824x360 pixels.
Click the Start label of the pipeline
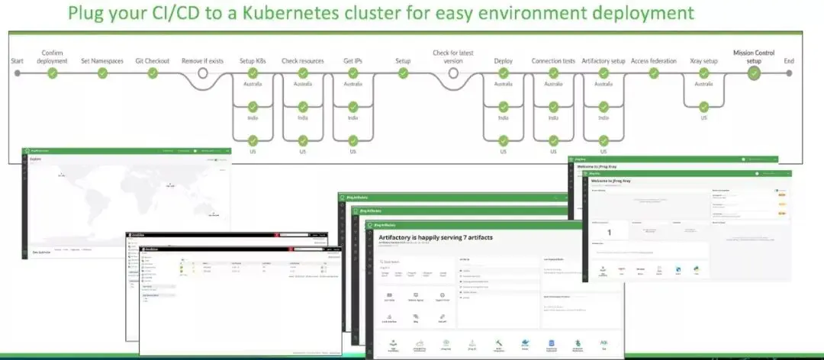(17, 61)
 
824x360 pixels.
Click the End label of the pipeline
(789, 61)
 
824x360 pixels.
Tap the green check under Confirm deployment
(53, 73)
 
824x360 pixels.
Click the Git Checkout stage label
(153, 61)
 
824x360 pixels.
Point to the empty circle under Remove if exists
(203, 73)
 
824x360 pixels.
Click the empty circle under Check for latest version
(453, 73)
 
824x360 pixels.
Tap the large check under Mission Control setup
(754, 73)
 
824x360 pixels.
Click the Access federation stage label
(653, 61)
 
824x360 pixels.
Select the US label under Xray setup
(703, 117)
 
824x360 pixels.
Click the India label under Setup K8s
(253, 117)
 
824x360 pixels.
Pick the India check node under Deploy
(504, 106)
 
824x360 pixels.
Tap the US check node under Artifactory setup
(604, 140)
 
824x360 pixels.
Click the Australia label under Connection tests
(553, 84)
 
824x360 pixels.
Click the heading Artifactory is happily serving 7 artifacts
(436, 238)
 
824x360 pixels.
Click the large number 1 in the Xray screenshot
(609, 232)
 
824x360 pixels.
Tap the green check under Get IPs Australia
(352, 73)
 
